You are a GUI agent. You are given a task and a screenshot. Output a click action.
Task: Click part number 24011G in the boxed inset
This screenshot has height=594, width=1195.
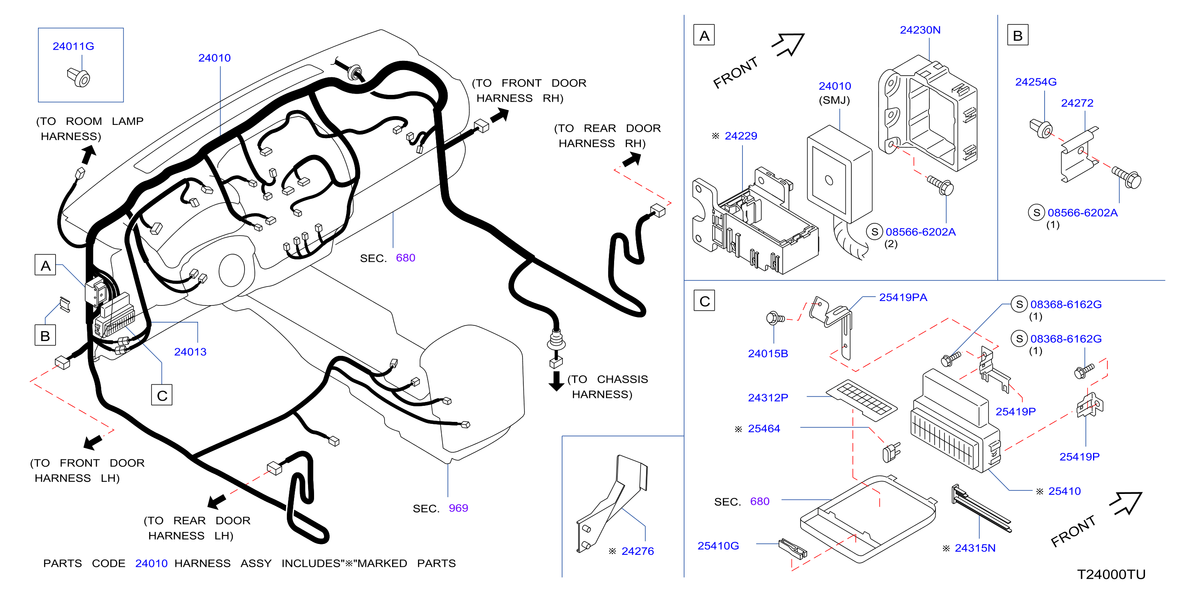[x=73, y=46]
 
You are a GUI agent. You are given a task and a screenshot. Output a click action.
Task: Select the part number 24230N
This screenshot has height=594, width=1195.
[x=920, y=30]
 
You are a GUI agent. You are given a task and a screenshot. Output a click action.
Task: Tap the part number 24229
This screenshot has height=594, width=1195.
[x=741, y=136]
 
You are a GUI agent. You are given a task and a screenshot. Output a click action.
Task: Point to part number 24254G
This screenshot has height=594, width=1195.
[x=1035, y=82]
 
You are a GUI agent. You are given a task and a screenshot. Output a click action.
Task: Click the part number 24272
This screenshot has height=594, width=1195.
[x=1077, y=102]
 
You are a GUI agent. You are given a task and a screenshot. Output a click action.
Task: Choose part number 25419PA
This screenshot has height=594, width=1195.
[x=903, y=297]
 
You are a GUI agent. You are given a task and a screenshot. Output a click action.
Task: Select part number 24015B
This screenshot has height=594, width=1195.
[x=768, y=353]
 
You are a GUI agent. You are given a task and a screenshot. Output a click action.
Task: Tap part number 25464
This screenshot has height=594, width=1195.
[x=764, y=428]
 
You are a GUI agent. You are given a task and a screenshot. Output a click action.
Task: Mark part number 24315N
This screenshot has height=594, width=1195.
[x=975, y=548]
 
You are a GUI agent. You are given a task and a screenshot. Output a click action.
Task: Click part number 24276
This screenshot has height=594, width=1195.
[x=637, y=551]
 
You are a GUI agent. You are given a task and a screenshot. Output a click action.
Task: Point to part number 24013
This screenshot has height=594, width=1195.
[x=190, y=351]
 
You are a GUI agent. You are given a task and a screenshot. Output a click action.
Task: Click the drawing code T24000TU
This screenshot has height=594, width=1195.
[x=1111, y=574]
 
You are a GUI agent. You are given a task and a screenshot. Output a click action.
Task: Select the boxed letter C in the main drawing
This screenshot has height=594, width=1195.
[x=162, y=395]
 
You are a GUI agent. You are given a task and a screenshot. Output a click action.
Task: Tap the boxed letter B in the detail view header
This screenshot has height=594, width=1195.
[x=1017, y=35]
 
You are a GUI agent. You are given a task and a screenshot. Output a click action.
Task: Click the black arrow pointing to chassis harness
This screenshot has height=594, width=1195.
[x=556, y=381]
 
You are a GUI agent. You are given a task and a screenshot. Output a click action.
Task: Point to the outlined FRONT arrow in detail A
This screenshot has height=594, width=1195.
[x=789, y=44]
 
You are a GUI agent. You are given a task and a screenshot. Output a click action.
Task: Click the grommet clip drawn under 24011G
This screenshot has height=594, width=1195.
[x=79, y=77]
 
